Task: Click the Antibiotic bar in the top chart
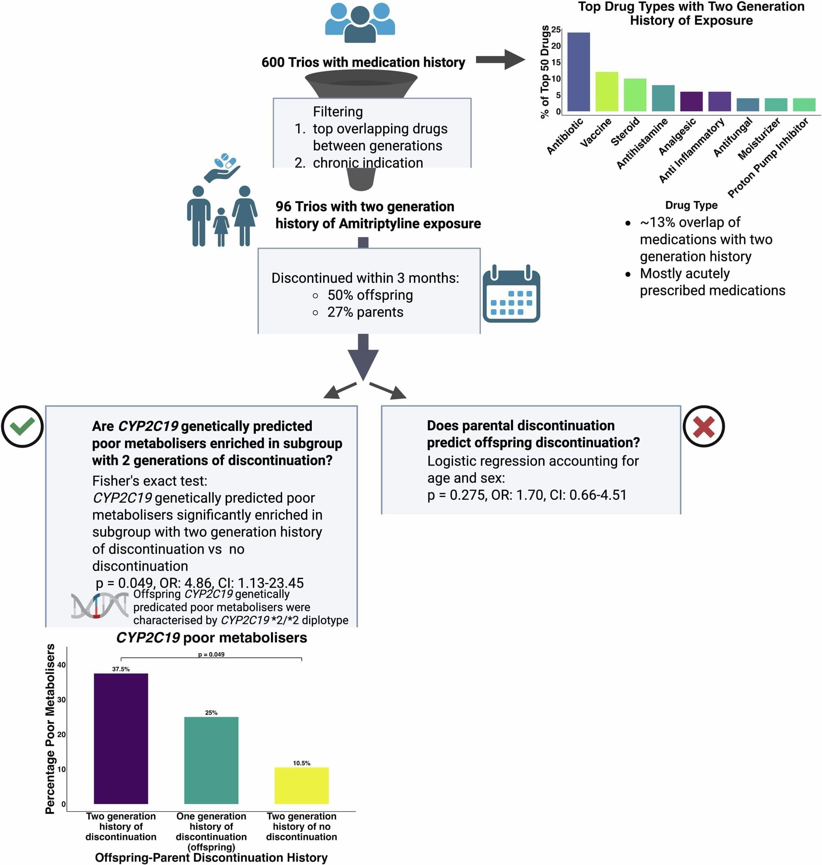pyautogui.click(x=579, y=72)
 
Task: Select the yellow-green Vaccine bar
pyautogui.click(x=607, y=92)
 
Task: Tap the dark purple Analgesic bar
pyautogui.click(x=691, y=101)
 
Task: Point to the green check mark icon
pyautogui.click(x=22, y=427)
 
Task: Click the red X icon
pyautogui.click(x=704, y=427)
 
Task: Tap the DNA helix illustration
pyautogui.click(x=100, y=606)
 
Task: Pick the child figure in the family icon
pyautogui.click(x=221, y=226)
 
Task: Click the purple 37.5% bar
pyautogui.click(x=121, y=738)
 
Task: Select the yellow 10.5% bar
pyautogui.click(x=301, y=785)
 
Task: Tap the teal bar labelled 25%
pyautogui.click(x=211, y=760)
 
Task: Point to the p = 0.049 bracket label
pyautogui.click(x=211, y=655)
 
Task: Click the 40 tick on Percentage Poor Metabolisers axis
pyautogui.click(x=61, y=665)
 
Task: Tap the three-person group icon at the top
pyautogui.click(x=360, y=23)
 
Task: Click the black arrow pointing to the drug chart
pyautogui.click(x=500, y=60)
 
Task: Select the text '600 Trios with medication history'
pyautogui.click(x=363, y=62)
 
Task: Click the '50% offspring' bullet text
pyautogui.click(x=370, y=295)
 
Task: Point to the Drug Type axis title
pyautogui.click(x=691, y=205)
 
